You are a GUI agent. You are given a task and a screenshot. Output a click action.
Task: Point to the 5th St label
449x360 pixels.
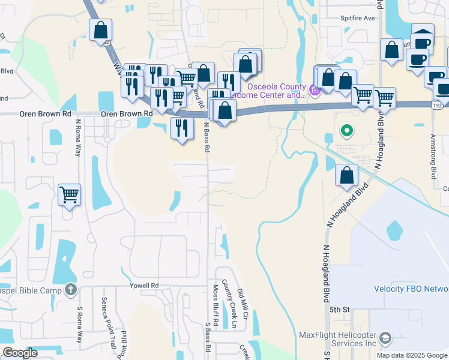click(x=339, y=309)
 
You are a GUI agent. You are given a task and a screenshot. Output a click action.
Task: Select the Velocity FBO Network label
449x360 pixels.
click(x=411, y=289)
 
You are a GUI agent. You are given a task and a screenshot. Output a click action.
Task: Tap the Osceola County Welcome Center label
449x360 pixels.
click(x=268, y=91)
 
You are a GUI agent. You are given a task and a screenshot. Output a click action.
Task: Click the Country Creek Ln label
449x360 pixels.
click(x=227, y=304)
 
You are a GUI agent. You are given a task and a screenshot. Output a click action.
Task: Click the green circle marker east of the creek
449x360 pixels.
click(x=346, y=130)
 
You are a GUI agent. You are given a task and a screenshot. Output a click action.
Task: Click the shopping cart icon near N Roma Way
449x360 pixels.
click(x=69, y=195)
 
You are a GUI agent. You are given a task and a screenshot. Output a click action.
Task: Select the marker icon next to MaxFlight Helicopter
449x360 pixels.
click(x=385, y=338)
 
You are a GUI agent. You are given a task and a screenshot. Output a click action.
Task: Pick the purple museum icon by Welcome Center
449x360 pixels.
click(x=315, y=90)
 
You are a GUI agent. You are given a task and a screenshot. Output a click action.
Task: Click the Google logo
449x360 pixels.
click(x=19, y=353)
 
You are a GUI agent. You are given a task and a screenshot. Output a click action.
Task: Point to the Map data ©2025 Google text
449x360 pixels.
click(x=412, y=355)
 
